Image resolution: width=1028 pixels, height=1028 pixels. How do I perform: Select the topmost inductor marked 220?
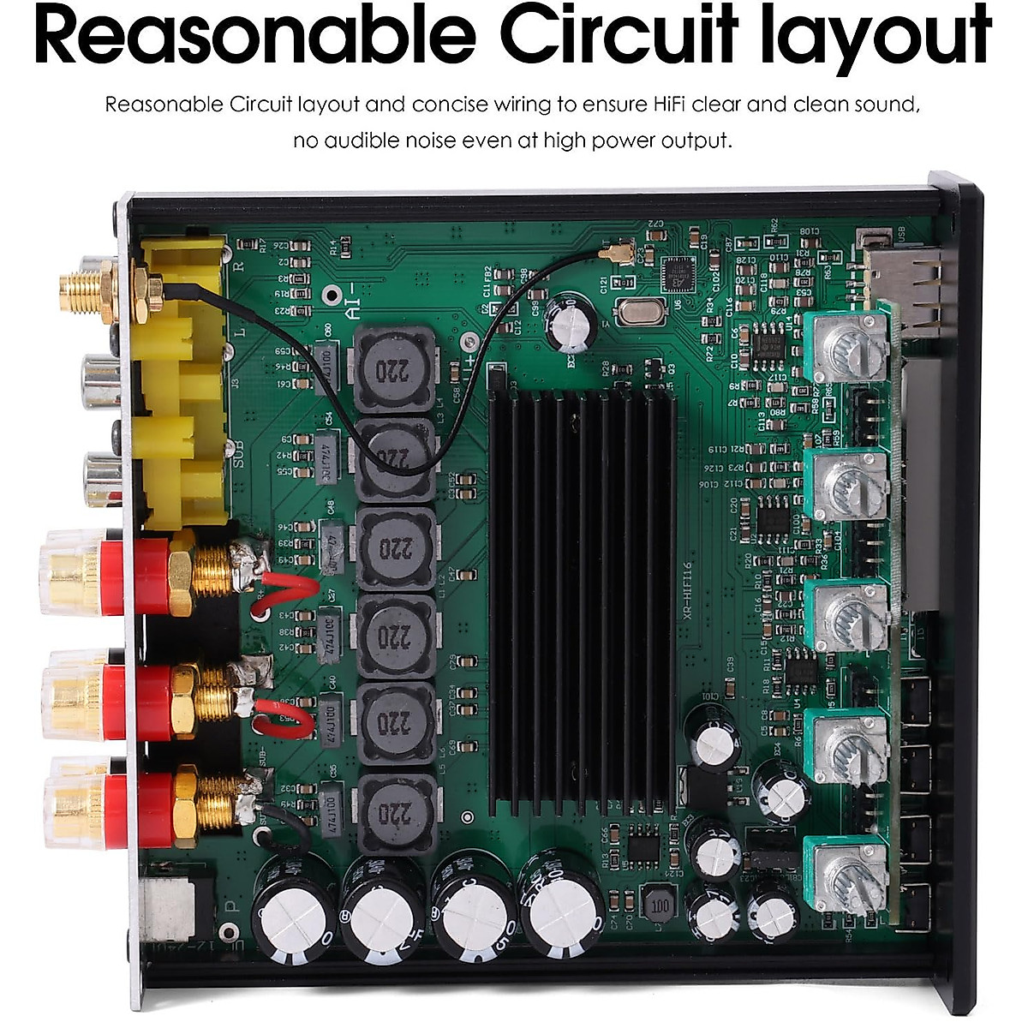click(x=397, y=368)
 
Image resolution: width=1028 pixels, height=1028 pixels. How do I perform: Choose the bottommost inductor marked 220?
click(x=396, y=810)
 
